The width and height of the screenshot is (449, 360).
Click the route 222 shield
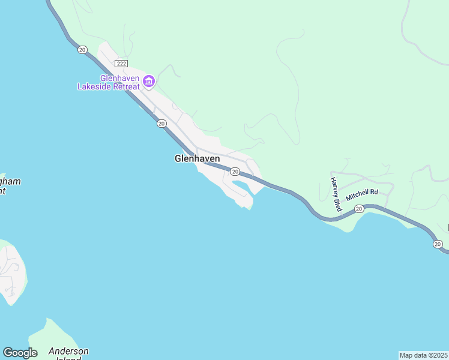tap(122, 64)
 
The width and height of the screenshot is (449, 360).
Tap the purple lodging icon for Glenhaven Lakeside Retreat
tap(148, 80)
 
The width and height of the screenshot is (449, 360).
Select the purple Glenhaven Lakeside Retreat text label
tap(109, 82)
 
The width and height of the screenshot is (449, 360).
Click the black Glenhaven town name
tap(197, 158)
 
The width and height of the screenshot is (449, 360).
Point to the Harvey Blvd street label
tap(336, 194)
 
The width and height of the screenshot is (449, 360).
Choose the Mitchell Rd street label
tap(362, 194)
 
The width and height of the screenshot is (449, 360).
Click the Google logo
tap(20, 353)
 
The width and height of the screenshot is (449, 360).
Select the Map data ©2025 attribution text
tap(424, 355)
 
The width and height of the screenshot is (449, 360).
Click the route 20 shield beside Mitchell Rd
tap(358, 208)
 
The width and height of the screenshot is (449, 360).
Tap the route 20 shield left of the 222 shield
tap(82, 50)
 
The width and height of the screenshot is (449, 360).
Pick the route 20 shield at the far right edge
tap(438, 244)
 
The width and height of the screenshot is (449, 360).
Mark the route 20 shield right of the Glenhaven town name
tap(235, 172)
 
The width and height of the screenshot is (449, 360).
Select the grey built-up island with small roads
tap(11, 273)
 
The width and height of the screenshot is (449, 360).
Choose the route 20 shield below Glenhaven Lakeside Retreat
tap(161, 124)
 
